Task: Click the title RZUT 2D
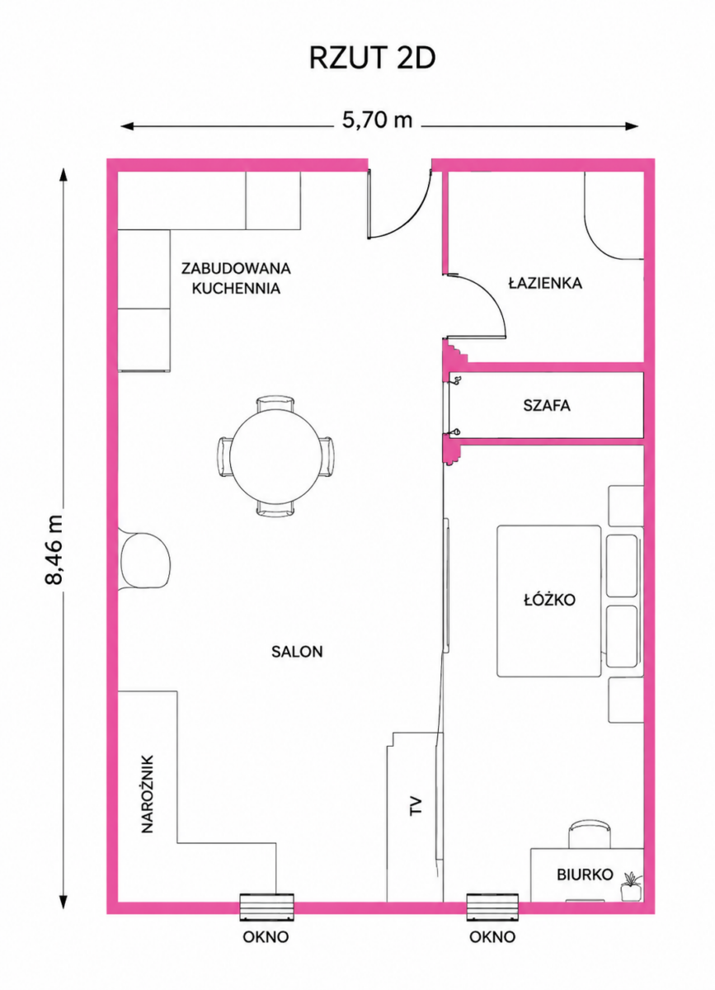click(372, 58)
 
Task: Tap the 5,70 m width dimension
click(377, 120)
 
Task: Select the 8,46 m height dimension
click(54, 549)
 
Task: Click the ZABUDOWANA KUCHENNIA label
click(236, 279)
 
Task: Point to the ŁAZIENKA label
click(545, 283)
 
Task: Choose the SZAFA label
click(547, 406)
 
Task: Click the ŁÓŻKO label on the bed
click(549, 599)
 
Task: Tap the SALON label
click(297, 652)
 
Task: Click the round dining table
click(274, 456)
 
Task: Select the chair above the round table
click(275, 404)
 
